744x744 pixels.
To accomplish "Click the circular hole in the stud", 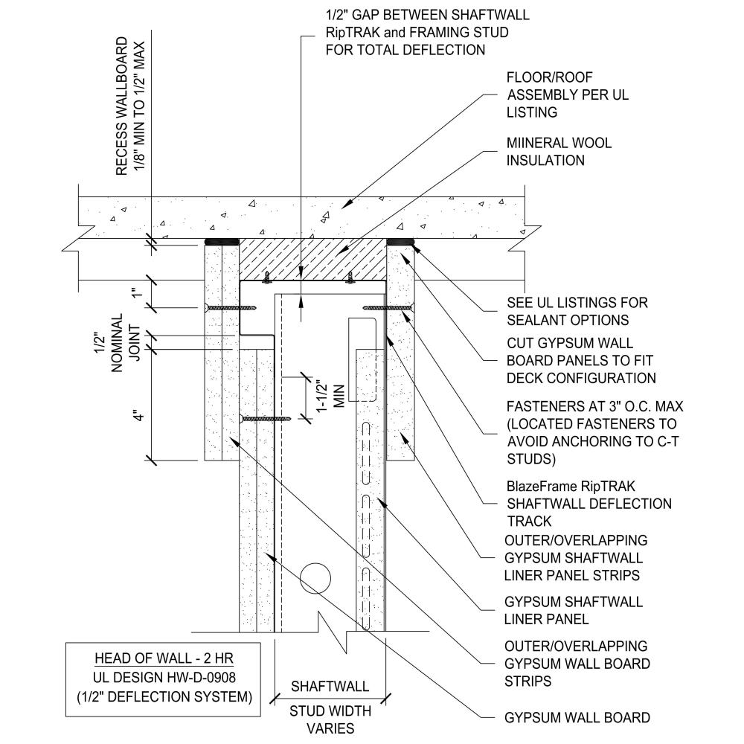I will coord(316,577).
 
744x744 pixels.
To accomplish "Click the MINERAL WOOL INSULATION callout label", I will coord(559,151).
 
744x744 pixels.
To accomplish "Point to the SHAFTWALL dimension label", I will coord(329,686).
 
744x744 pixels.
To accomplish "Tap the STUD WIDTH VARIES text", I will coord(329,719).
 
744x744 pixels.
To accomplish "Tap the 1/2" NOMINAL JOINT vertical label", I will coord(125,339).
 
